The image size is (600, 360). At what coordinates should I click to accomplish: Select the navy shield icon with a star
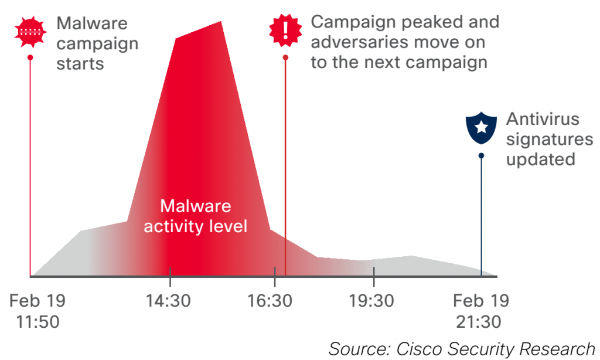[481, 127]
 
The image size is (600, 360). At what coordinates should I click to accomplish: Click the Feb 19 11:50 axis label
[37, 311]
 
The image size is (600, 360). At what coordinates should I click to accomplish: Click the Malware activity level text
[196, 216]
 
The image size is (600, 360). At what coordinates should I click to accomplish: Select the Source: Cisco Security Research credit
[462, 348]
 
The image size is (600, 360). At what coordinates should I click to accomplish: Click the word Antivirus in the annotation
[543, 120]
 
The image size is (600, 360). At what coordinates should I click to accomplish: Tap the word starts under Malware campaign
[80, 63]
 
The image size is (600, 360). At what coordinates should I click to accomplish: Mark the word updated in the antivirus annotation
[541, 159]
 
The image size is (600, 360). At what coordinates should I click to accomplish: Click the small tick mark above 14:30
[170, 271]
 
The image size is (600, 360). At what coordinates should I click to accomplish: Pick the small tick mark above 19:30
[374, 271]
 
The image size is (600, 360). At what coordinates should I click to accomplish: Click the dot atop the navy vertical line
[481, 155]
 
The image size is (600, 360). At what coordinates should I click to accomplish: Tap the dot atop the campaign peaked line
[285, 57]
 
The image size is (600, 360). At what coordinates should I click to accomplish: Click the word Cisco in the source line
[424, 348]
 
